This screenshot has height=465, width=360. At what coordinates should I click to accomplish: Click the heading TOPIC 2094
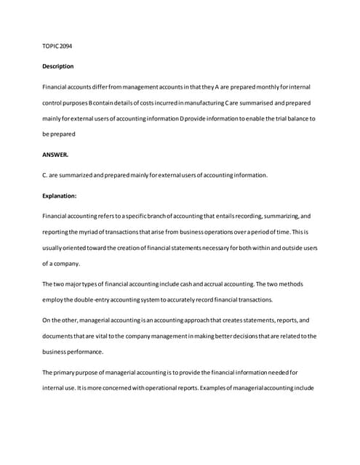[x=57, y=46]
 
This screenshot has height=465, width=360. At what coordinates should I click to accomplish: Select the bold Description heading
[x=58, y=66]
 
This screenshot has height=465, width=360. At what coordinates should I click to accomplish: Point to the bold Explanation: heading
[x=61, y=195]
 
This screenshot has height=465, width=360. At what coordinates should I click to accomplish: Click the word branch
[x=143, y=216]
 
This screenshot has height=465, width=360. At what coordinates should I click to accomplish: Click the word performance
[x=86, y=352]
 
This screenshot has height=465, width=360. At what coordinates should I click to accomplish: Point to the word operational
[x=162, y=388]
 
